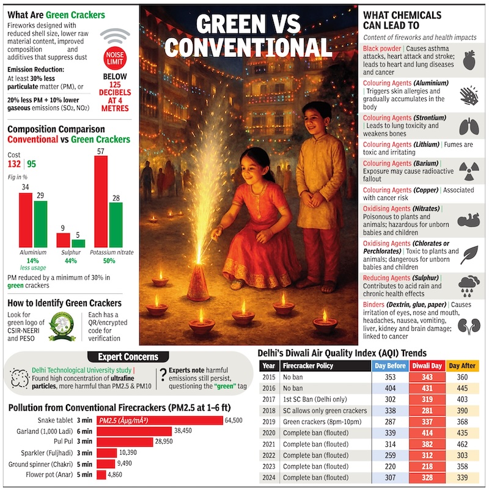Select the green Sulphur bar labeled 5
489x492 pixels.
point(78,243)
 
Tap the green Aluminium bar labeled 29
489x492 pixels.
point(40,223)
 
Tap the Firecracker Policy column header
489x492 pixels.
point(317,365)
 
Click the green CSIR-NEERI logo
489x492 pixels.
point(61,327)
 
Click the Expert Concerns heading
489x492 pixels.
point(128,357)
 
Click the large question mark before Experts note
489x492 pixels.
point(163,376)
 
